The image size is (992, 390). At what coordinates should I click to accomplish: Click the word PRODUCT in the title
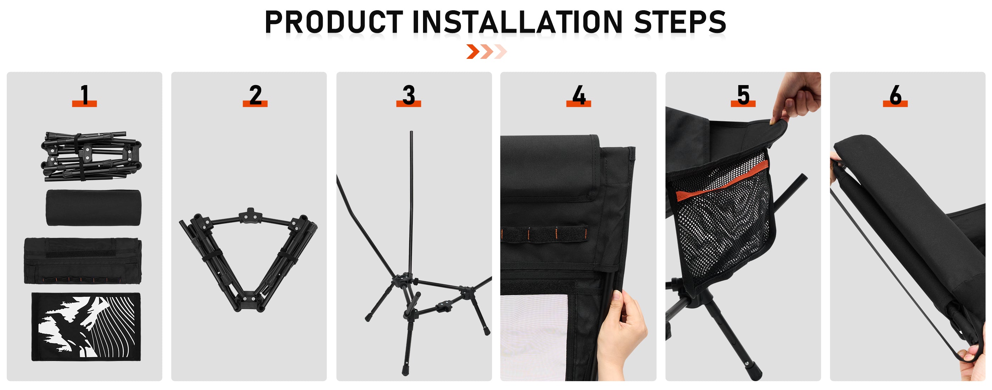(334, 22)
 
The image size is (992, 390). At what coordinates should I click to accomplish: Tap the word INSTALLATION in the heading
(517, 22)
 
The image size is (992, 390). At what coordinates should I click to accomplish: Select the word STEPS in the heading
(680, 22)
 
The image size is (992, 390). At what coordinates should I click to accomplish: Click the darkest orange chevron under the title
(473, 52)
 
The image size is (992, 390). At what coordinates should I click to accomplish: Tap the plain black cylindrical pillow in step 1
(94, 207)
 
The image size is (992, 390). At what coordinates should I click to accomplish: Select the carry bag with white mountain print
(86, 327)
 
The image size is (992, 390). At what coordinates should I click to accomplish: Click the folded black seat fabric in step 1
(83, 261)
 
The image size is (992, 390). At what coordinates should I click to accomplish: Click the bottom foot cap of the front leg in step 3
(406, 371)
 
